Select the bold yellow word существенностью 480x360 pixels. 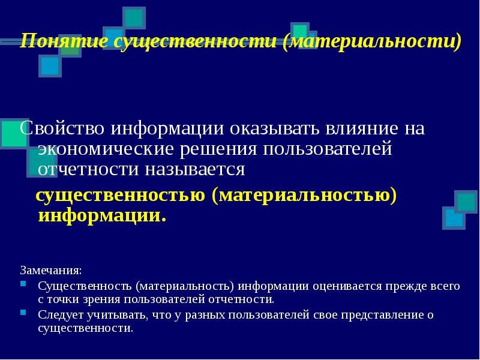point(119,196)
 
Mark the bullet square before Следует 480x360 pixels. point(23,312)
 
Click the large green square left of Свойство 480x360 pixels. point(13,134)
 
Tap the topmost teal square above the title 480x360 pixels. point(134,17)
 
